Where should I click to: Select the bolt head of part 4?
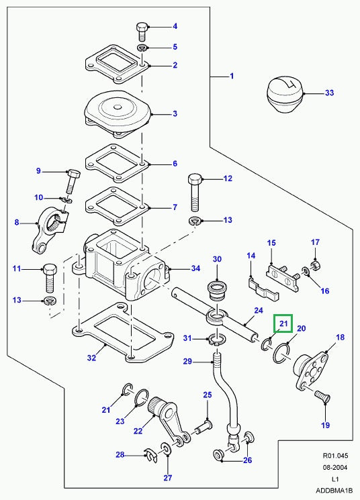[x=142, y=29]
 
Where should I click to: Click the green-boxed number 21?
[x=283, y=324]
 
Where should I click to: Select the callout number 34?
[x=196, y=269]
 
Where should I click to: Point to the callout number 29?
[x=188, y=362]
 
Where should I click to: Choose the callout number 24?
[x=258, y=311]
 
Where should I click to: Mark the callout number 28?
[x=120, y=455]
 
